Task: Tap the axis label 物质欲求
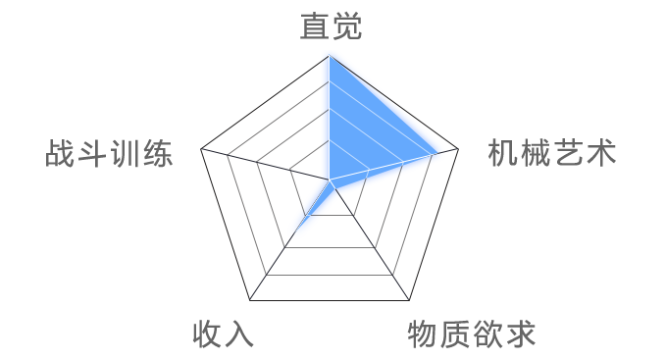472,334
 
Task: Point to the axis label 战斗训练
109,154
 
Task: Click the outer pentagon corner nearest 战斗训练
201,150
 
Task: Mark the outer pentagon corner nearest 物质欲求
409,299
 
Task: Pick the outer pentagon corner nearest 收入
249,299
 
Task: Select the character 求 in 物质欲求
520,334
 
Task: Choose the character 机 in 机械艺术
503,154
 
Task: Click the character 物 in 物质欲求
424,334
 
